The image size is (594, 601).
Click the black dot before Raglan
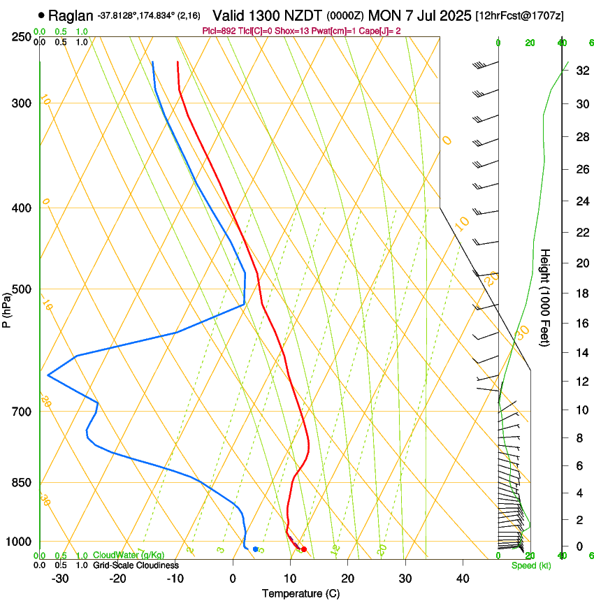(x=42, y=15)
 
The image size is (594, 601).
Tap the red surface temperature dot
(x=303, y=549)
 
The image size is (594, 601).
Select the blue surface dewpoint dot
(x=255, y=549)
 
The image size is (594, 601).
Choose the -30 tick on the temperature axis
(x=60, y=578)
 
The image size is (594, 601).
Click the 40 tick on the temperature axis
(x=462, y=578)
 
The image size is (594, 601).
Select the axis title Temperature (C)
(x=300, y=593)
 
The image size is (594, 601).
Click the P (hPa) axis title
(x=6, y=307)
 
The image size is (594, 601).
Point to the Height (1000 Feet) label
(x=546, y=297)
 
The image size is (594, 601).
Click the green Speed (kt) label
(x=531, y=565)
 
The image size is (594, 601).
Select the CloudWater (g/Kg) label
(x=129, y=556)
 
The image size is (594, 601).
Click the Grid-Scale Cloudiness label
(x=136, y=565)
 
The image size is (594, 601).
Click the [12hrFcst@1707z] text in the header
(x=519, y=15)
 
